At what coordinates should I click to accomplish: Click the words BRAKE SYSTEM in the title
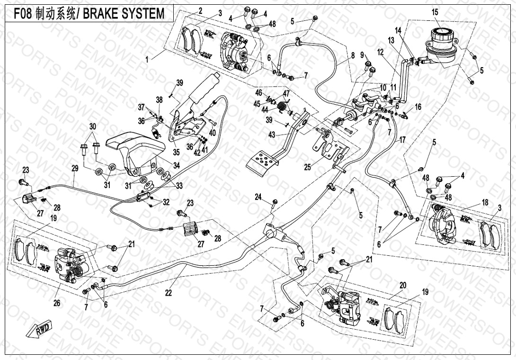[124, 14]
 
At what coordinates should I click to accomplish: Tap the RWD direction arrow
[42, 328]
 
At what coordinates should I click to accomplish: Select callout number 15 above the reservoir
[435, 12]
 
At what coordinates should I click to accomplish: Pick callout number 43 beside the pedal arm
[271, 135]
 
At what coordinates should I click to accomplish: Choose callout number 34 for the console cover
[176, 165]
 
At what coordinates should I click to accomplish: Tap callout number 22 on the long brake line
[169, 293]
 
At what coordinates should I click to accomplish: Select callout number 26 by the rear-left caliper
[57, 303]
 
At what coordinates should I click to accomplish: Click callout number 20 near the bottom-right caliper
[403, 285]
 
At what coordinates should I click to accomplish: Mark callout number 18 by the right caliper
[484, 202]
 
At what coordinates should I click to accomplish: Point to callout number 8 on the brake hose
[353, 55]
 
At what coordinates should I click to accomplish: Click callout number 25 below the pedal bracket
[308, 167]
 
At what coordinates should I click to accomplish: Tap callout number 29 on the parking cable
[74, 168]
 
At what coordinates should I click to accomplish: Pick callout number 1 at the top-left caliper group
[147, 60]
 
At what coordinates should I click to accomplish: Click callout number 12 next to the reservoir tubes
[380, 51]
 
